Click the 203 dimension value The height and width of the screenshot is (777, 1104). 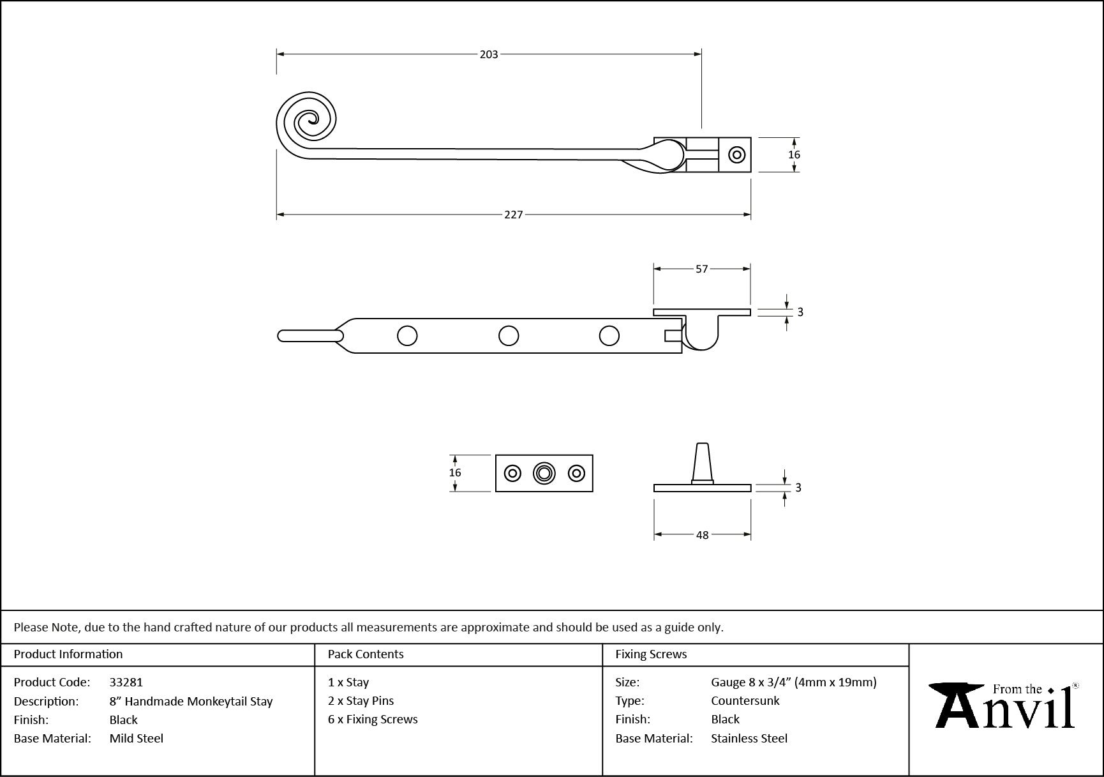pyautogui.click(x=489, y=55)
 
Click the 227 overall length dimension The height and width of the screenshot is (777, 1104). pyautogui.click(x=514, y=215)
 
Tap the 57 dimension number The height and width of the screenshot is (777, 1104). pyautogui.click(x=702, y=269)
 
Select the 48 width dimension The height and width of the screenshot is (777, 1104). pyautogui.click(x=702, y=535)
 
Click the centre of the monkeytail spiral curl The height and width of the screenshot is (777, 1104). pyautogui.click(x=311, y=118)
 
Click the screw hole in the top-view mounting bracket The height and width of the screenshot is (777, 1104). pyautogui.click(x=737, y=155)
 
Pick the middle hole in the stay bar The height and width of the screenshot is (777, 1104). pyautogui.click(x=509, y=336)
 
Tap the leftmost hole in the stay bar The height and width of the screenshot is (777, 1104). pyautogui.click(x=407, y=336)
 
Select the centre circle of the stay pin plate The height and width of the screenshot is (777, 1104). pyautogui.click(x=544, y=473)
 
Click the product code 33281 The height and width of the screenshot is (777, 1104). pyautogui.click(x=126, y=683)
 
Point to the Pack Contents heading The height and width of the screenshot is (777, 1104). pyautogui.click(x=366, y=654)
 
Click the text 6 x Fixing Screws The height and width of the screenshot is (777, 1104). pyautogui.click(x=373, y=720)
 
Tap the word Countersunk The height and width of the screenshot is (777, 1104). pyautogui.click(x=745, y=701)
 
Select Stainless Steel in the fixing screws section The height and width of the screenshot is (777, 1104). pyautogui.click(x=749, y=739)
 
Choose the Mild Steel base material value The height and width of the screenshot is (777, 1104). pyautogui.click(x=137, y=739)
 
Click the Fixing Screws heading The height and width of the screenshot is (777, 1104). pyautogui.click(x=651, y=654)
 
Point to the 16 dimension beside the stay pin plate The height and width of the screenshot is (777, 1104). pyautogui.click(x=454, y=473)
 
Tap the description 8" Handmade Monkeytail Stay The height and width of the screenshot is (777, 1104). pyautogui.click(x=191, y=702)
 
